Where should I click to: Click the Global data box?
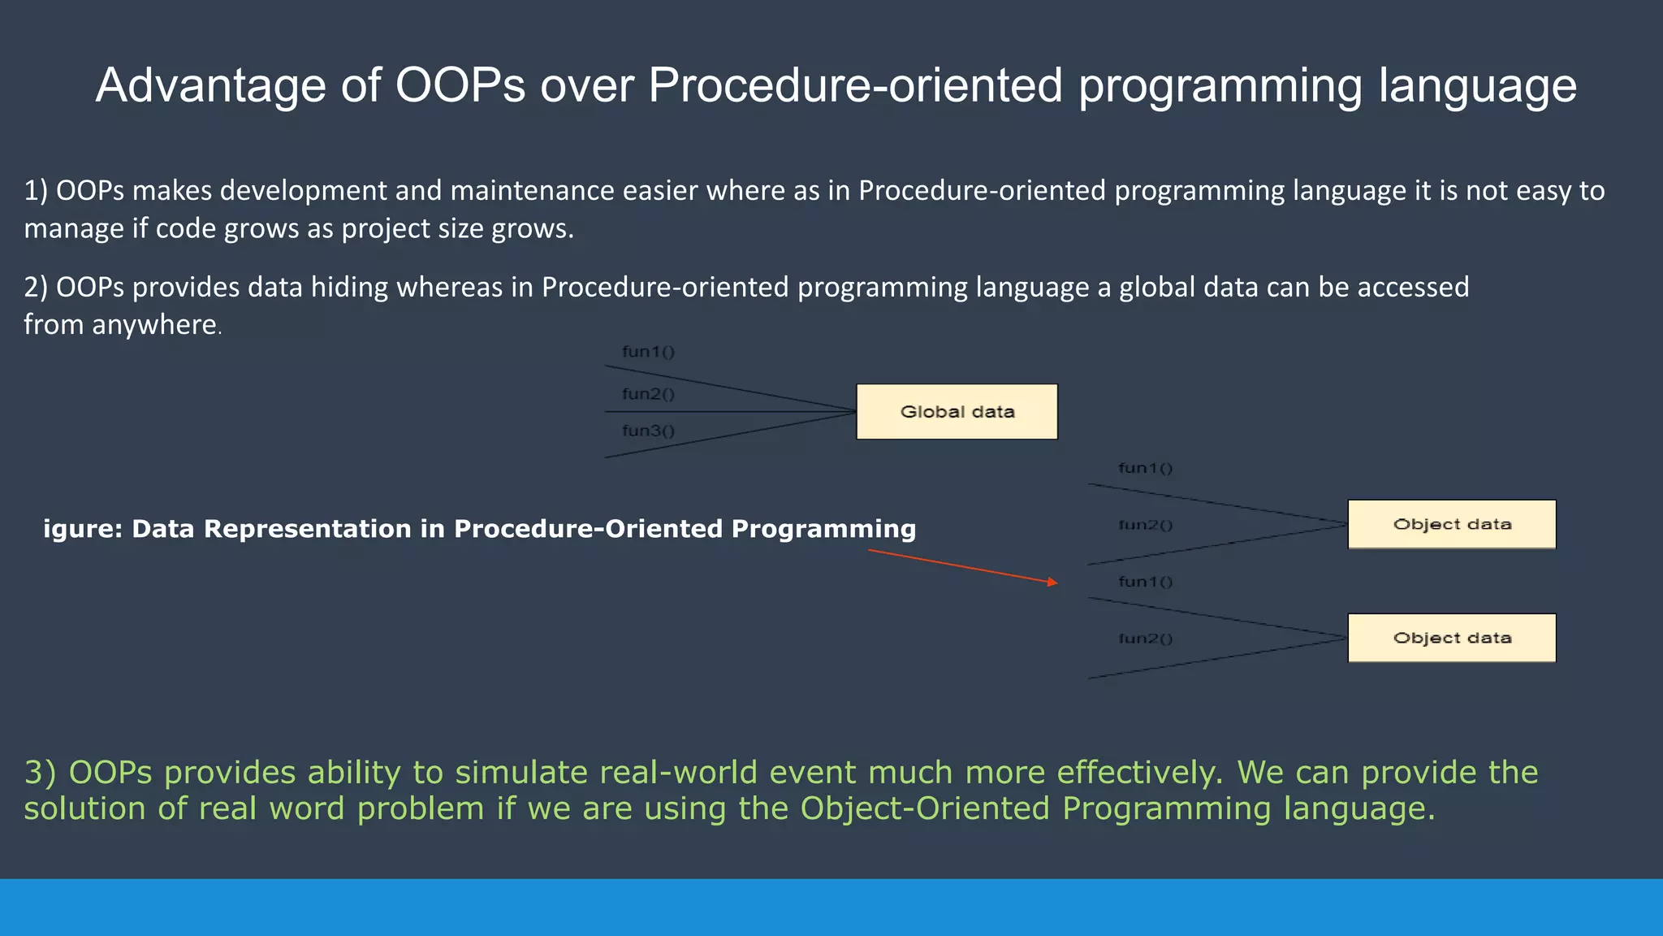click(x=957, y=412)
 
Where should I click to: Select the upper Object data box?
click(x=1452, y=524)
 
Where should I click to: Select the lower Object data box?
click(x=1452, y=638)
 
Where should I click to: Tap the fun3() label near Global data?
click(x=648, y=431)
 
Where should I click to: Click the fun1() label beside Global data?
click(x=648, y=352)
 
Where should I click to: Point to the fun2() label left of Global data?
click(x=648, y=394)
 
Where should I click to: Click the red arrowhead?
click(x=1052, y=582)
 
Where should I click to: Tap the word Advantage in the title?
click(x=209, y=85)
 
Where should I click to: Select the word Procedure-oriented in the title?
click(x=855, y=85)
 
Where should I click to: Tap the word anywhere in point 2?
click(x=154, y=325)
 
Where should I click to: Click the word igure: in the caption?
click(x=82, y=529)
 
